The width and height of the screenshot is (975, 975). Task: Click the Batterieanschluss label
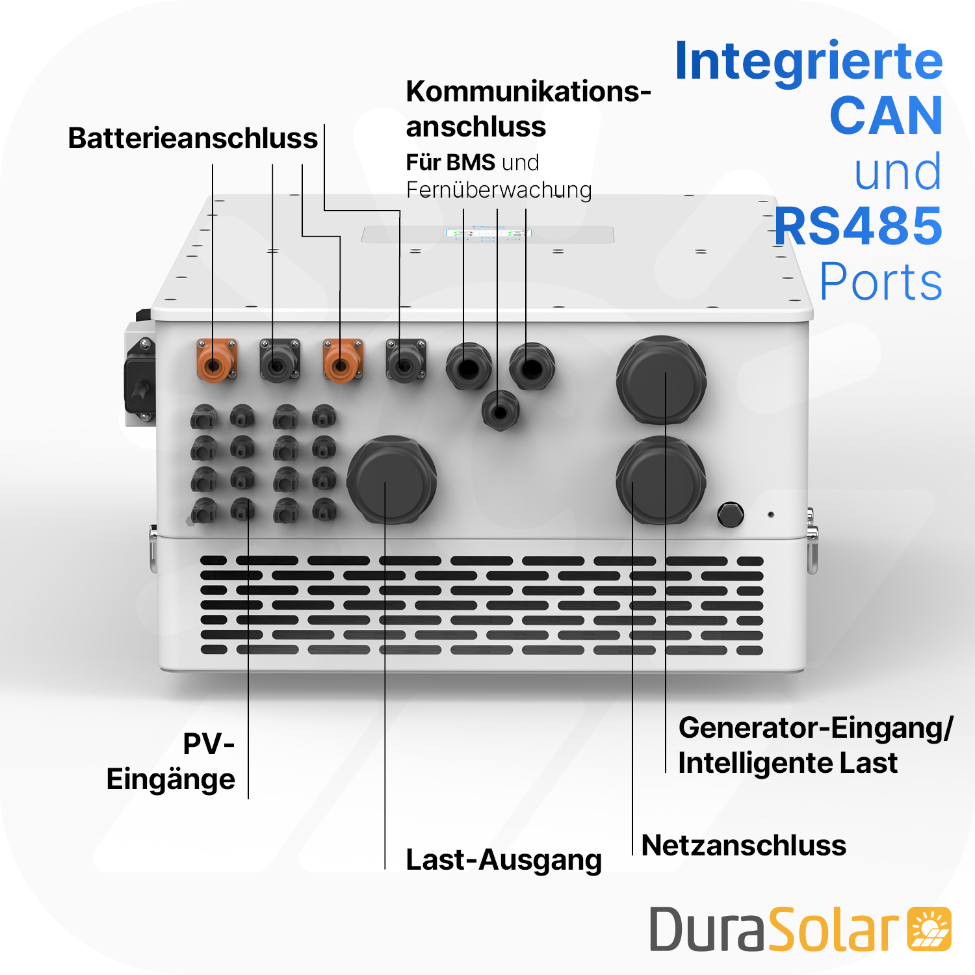point(192,138)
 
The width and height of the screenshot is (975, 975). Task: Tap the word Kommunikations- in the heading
point(528,92)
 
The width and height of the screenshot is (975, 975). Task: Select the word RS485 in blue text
point(858,226)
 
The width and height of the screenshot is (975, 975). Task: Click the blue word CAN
point(885,116)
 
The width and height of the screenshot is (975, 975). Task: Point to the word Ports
point(881,281)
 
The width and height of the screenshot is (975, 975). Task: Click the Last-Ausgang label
point(504,860)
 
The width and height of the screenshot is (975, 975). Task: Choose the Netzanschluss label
point(744,846)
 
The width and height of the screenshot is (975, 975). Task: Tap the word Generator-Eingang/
point(816,728)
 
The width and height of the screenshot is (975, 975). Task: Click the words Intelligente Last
point(788,763)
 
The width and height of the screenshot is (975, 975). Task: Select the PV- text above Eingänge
point(209,744)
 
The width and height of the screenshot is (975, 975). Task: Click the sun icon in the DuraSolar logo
point(929,929)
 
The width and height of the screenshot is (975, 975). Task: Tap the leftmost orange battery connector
point(216,361)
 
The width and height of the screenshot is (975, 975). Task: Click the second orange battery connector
point(342,361)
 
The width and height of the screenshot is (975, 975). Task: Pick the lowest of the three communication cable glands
point(500,411)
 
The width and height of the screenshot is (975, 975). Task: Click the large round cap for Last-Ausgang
point(391,479)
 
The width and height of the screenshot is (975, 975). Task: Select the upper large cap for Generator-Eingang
point(661,379)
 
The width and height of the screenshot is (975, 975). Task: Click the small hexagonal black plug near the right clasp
point(730,515)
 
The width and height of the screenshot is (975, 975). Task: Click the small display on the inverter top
point(488,233)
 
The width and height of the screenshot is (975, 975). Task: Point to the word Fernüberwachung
point(499,190)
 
